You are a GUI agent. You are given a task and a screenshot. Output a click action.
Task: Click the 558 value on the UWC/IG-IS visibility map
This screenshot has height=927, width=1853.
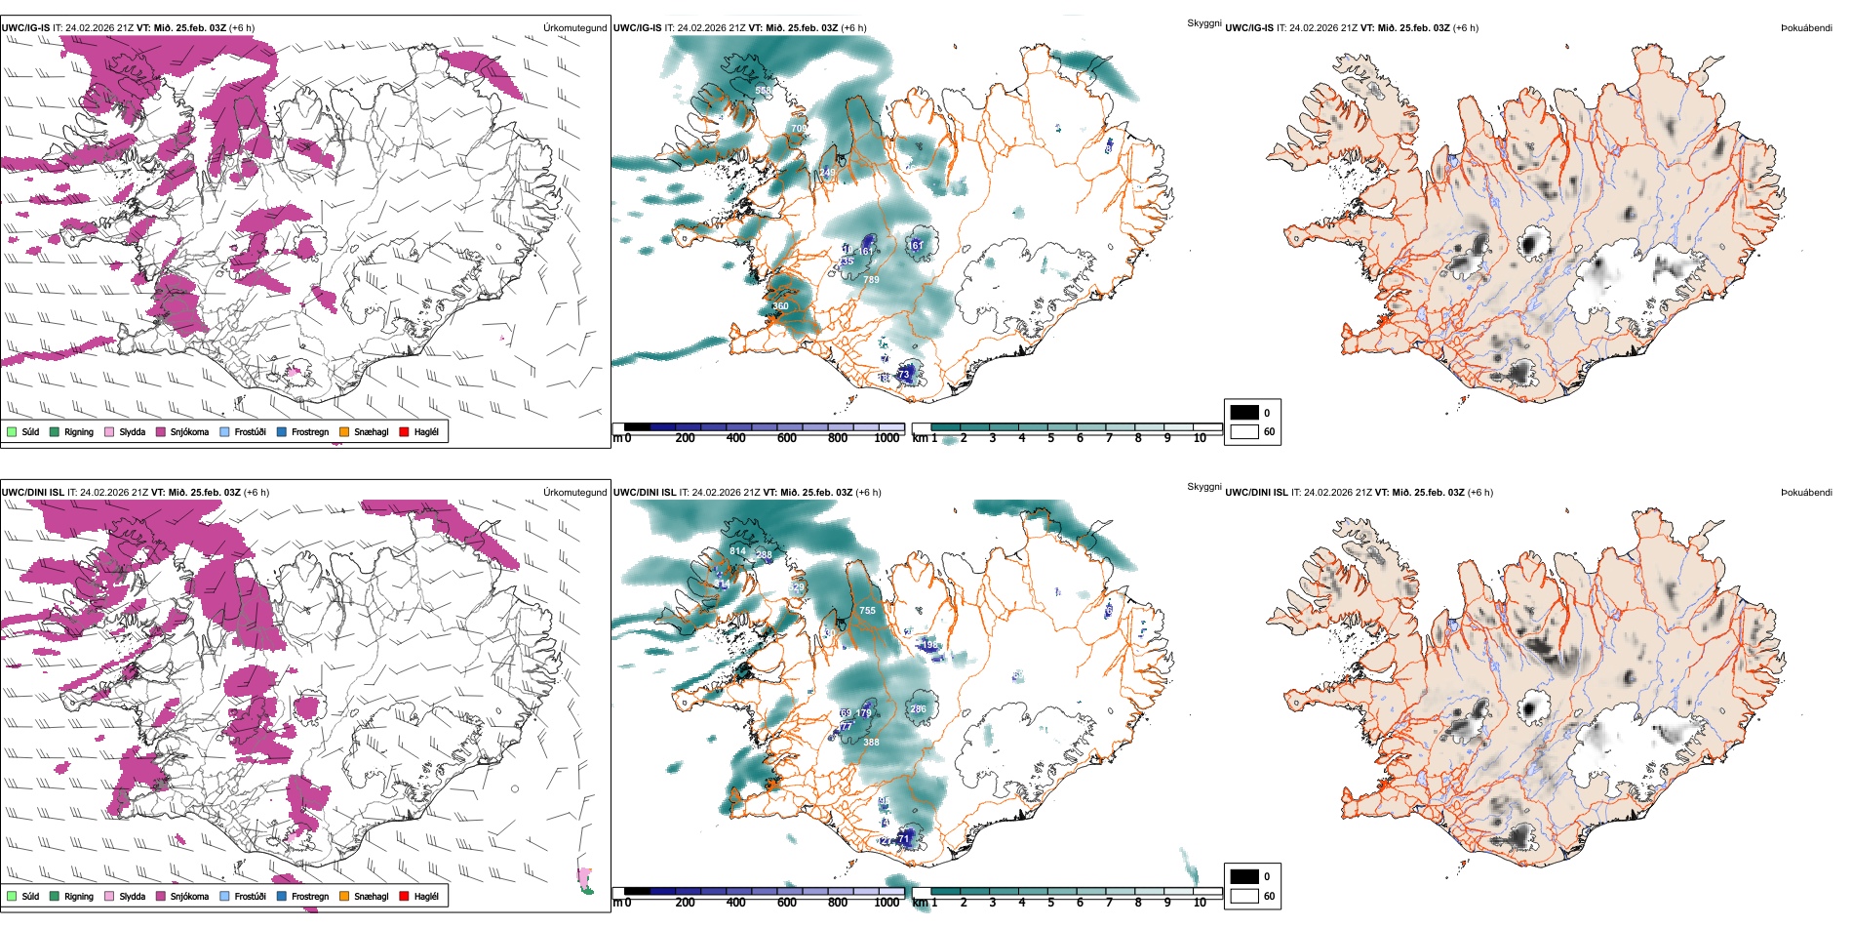763,91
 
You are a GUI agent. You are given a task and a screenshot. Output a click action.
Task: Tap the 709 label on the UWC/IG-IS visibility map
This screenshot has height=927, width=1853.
799,129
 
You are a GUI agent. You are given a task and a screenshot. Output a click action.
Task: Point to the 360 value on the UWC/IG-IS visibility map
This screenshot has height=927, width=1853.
780,306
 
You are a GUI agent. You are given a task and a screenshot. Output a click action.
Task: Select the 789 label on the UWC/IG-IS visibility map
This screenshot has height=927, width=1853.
871,280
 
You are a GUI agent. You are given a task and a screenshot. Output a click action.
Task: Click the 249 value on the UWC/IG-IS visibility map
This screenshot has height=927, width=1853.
827,173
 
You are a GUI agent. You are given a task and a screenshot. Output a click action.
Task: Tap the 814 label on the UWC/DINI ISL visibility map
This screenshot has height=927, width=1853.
738,551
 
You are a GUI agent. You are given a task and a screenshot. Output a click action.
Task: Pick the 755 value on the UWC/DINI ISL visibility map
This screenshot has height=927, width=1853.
867,611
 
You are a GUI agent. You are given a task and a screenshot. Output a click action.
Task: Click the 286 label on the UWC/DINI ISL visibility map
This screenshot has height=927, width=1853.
918,709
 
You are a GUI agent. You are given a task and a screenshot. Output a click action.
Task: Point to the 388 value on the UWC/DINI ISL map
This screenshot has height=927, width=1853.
871,743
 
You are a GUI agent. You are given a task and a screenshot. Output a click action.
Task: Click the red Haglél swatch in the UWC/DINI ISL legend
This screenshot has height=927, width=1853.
405,896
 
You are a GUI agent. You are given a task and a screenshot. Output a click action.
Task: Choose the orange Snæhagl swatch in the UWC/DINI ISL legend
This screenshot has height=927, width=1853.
344,896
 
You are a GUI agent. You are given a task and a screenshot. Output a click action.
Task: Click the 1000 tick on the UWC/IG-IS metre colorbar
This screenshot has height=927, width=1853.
887,438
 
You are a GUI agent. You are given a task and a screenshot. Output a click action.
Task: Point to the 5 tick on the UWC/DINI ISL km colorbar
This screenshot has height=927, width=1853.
1050,903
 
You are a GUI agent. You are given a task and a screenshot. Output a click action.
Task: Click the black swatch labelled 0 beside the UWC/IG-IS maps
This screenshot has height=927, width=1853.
1243,413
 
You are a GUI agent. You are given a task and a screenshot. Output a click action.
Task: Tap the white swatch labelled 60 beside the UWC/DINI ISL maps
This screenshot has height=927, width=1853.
1243,896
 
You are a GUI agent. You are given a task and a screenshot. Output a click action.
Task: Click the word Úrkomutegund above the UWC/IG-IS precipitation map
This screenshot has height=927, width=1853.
574,28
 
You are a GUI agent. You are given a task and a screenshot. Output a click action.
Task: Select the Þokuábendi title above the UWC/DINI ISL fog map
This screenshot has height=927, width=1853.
1806,493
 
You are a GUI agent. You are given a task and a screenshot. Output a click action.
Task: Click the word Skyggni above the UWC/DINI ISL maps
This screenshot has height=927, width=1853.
1203,487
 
